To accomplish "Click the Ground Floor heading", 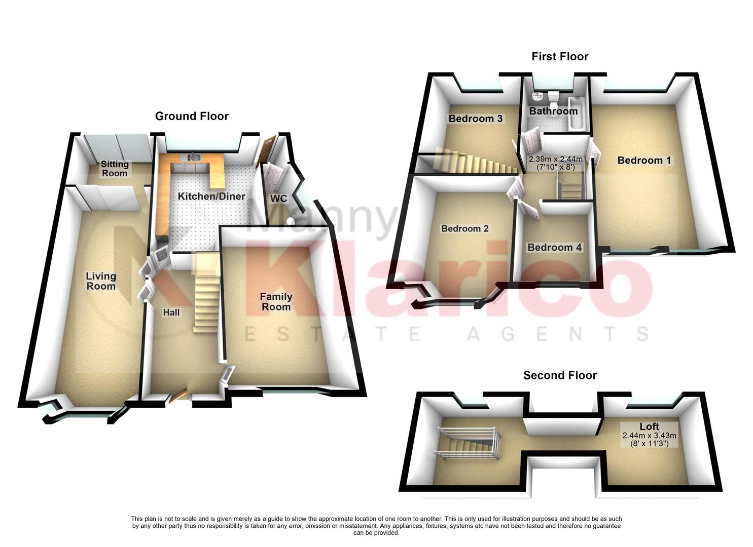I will click(x=192, y=116).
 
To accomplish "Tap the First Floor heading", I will click(x=560, y=56).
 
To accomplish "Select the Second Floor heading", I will click(x=560, y=375).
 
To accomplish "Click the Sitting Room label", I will click(x=115, y=169).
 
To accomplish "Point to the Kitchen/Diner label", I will click(x=211, y=196).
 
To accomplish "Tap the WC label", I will click(x=278, y=198).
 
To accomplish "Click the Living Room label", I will click(x=101, y=281).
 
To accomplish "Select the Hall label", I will click(x=171, y=312).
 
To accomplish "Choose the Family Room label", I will click(x=276, y=302).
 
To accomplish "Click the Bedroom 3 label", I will click(x=476, y=119).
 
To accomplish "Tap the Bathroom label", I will click(x=553, y=111).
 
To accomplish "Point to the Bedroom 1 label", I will click(x=644, y=160).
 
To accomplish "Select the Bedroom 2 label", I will click(x=464, y=228).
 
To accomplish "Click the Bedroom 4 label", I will click(x=555, y=247).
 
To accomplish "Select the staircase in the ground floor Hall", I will click(x=205, y=294).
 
